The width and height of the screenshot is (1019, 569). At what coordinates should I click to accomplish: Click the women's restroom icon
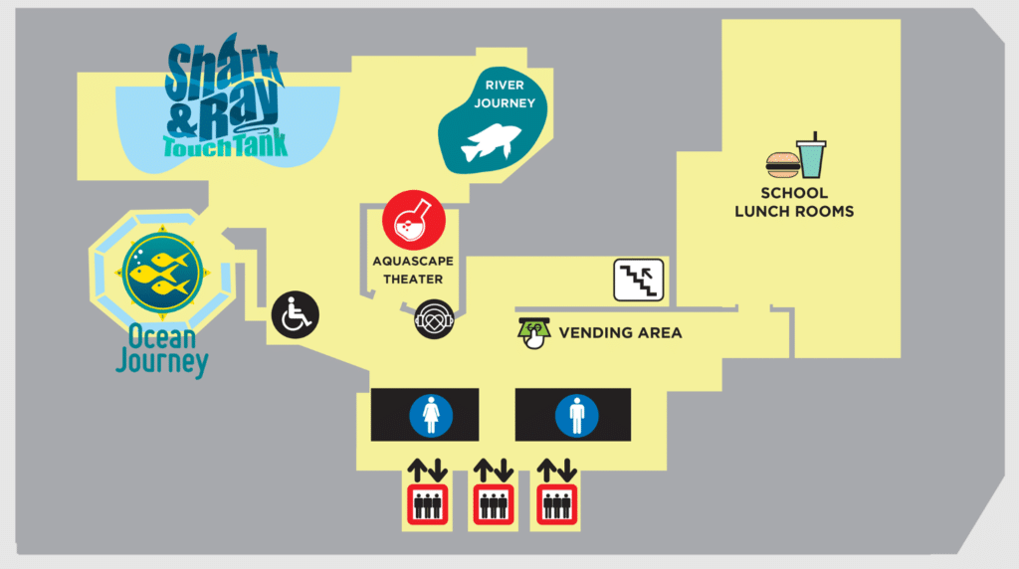[x=431, y=416]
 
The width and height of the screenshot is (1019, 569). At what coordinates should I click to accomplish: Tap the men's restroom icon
[x=576, y=416]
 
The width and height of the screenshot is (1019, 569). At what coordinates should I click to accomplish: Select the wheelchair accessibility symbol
[x=295, y=315]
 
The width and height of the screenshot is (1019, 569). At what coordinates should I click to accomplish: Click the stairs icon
[x=638, y=280]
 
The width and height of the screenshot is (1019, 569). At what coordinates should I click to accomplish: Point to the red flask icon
[x=414, y=220]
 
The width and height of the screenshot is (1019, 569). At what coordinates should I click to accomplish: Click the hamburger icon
[x=782, y=165]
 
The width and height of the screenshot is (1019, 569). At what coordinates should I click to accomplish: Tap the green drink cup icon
[x=812, y=155]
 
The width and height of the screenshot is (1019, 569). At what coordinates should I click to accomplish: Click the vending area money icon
[x=533, y=333]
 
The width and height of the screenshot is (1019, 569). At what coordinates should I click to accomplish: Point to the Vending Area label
[x=620, y=333]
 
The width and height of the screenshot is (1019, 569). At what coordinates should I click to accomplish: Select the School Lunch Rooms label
[x=794, y=202]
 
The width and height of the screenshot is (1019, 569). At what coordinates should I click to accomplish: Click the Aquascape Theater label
[x=413, y=271]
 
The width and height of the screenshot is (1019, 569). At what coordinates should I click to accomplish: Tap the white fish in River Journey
[x=491, y=142]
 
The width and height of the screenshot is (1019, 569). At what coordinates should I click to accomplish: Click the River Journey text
[x=505, y=95]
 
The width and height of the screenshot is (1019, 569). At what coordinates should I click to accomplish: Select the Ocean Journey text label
[x=162, y=350]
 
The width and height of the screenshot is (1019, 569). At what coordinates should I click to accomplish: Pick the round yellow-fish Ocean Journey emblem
[x=162, y=273]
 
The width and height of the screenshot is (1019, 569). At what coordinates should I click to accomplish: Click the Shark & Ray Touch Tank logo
[x=225, y=96]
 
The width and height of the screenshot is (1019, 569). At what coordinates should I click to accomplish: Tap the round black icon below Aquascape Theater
[x=434, y=319]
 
